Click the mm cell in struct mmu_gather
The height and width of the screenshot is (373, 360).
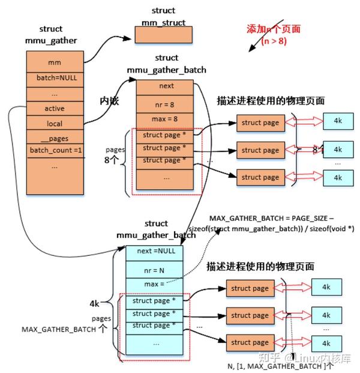(x=54, y=62)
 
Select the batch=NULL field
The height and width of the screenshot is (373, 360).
(x=54, y=77)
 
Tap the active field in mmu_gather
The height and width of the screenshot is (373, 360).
(x=54, y=109)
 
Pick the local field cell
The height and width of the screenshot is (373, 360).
(x=54, y=124)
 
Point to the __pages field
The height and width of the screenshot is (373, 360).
(x=54, y=138)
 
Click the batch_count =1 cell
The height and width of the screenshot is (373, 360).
(x=54, y=150)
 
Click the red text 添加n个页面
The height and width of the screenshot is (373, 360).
(x=273, y=29)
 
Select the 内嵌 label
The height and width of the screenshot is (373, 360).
(x=109, y=101)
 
